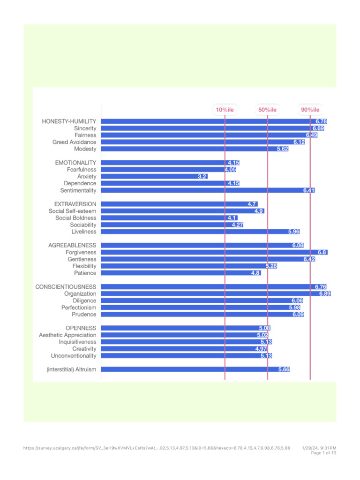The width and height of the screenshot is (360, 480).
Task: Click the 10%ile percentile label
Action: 225,110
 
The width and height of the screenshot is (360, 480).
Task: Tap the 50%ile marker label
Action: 267,110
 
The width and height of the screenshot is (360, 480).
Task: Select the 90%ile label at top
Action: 310,110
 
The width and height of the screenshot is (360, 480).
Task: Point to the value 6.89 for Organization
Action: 325,293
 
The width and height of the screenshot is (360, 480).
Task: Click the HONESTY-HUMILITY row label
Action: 69,121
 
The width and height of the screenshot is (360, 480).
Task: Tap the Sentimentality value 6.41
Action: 308,190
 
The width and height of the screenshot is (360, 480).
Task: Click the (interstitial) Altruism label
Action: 71,369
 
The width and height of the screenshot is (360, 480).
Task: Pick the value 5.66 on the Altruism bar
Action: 284,369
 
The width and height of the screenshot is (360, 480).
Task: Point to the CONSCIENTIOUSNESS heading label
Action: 66,286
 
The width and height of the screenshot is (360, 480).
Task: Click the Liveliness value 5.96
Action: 293,232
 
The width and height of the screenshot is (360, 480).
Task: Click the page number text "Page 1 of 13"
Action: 323,453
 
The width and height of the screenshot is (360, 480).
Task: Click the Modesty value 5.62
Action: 282,149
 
